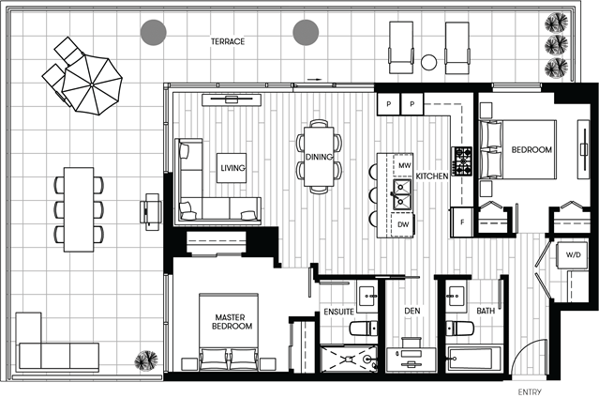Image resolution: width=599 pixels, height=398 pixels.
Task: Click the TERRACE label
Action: coord(228,41)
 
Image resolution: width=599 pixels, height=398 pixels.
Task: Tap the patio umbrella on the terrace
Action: coord(92,84)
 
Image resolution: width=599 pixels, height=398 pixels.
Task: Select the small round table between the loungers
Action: coord(428,62)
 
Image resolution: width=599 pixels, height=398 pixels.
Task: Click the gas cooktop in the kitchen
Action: coord(462,161)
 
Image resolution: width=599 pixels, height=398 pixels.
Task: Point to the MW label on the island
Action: coord(405,165)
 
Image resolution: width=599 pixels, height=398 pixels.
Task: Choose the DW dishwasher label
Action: coord(403,224)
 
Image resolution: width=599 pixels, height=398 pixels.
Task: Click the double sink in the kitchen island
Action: coord(402,195)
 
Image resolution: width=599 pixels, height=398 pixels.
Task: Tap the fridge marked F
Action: coord(462,222)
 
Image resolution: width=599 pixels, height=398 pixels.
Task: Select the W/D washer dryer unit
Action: coord(573,255)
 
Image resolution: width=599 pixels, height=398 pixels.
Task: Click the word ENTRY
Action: coord(530,392)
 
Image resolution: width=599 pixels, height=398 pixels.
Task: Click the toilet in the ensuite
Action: coord(364,329)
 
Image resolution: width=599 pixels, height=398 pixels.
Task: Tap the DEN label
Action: coord(412,311)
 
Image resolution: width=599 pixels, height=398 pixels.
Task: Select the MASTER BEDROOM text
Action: coord(232,322)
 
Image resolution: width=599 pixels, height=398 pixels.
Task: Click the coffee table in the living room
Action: coord(232,168)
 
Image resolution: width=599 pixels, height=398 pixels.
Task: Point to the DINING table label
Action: coord(319,157)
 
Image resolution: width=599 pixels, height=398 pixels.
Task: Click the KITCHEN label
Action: coord(432,176)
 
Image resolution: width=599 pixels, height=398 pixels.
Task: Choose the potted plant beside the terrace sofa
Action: coord(146,360)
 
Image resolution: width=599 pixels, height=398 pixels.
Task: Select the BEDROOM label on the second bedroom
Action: coord(532,150)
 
